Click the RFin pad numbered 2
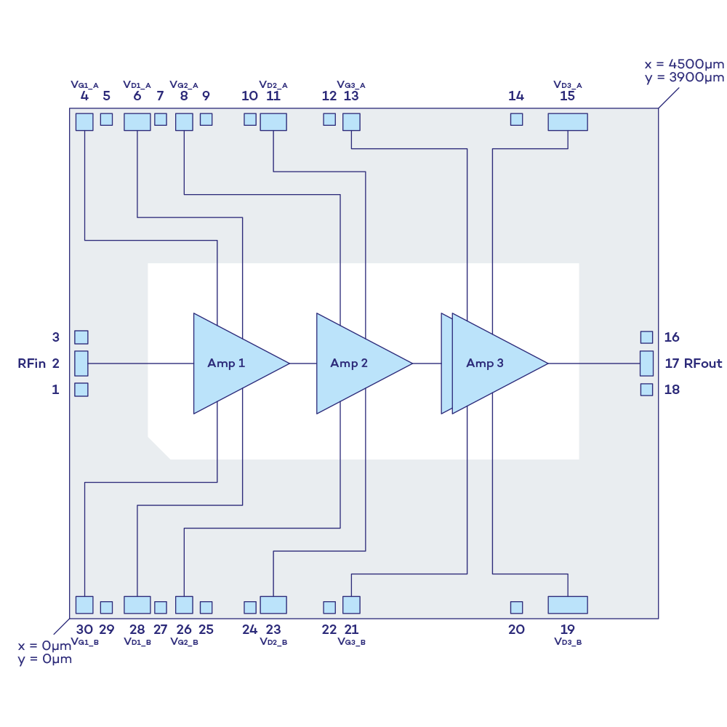point(81,363)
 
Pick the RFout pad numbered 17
point(646,363)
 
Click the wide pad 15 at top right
point(567,121)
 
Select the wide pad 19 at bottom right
point(567,605)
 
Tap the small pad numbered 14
point(516,119)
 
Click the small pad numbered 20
point(516,607)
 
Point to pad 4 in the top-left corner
point(84,121)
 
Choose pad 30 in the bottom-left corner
point(84,605)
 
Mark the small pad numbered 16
point(646,337)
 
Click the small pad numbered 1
point(81,390)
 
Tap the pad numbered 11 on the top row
point(273,121)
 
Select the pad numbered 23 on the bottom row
point(273,605)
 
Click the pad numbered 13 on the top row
point(351,121)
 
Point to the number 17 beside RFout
point(672,363)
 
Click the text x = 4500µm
point(683,65)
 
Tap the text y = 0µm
point(44,660)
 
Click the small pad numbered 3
point(81,337)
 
